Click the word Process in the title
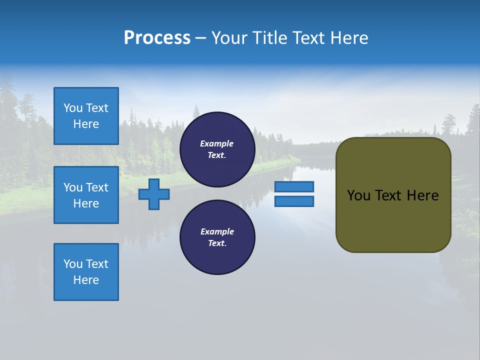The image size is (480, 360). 157,38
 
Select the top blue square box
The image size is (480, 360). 86,116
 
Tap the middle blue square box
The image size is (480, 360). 86,195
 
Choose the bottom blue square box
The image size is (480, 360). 86,272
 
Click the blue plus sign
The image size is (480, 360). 154,194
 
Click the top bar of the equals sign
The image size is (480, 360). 294,186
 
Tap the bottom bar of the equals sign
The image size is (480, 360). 294,201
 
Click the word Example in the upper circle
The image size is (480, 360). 217,143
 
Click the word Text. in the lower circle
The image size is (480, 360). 217,243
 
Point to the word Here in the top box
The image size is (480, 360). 86,124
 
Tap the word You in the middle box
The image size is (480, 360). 72,187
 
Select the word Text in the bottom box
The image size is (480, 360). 97,264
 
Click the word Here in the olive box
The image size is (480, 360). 422,195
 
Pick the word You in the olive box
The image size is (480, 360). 358,195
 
